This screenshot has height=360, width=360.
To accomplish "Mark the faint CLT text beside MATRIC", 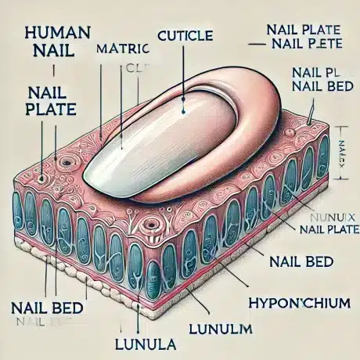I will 136,68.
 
